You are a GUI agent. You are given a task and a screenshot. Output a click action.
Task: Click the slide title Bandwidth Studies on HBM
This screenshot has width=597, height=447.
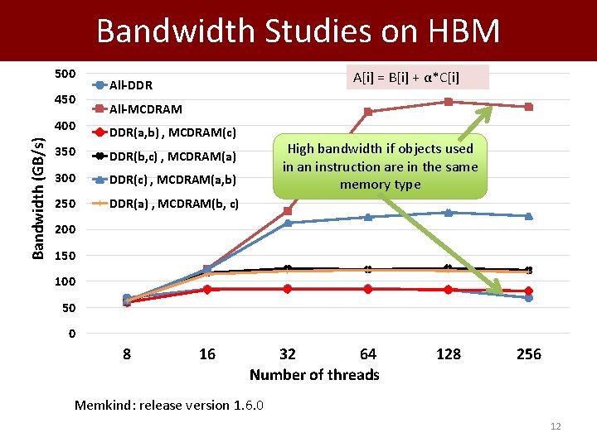(298, 31)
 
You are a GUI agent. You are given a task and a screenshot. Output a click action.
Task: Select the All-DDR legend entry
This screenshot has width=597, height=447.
(130, 85)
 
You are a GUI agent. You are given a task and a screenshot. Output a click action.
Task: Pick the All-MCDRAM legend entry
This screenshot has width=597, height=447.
(145, 108)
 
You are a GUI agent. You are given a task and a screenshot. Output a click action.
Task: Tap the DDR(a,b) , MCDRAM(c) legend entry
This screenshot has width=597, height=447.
(172, 132)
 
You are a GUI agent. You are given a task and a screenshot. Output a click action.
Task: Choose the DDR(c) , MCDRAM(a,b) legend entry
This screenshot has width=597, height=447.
(172, 179)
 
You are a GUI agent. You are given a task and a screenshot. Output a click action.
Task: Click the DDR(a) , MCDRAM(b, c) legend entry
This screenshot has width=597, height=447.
(174, 203)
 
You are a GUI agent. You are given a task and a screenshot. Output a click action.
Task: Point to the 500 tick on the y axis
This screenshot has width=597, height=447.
(65, 74)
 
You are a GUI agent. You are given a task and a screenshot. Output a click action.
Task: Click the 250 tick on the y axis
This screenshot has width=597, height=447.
(65, 204)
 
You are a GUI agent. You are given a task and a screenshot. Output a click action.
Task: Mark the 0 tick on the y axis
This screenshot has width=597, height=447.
(72, 334)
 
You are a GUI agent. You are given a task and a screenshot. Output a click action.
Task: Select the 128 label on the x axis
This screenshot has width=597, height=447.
(449, 354)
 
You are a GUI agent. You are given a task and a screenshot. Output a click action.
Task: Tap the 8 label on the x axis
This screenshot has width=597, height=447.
(127, 354)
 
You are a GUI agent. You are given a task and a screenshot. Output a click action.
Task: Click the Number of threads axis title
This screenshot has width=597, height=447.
(314, 375)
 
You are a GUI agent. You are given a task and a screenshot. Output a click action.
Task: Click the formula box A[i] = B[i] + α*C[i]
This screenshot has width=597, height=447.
(406, 78)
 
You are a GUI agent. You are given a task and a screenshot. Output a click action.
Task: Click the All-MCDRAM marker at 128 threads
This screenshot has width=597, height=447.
(449, 102)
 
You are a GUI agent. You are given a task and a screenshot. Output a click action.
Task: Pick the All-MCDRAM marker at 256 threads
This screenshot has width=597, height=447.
(529, 107)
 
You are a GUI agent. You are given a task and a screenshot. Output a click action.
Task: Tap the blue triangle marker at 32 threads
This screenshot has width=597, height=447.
(288, 223)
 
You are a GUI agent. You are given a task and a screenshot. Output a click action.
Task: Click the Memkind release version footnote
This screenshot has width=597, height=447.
(169, 405)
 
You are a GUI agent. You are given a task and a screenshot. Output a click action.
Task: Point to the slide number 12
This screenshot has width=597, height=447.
(556, 426)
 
